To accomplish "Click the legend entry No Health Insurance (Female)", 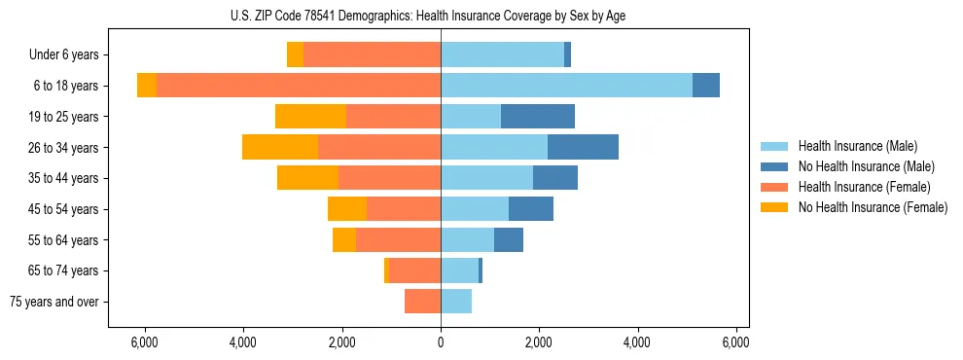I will [x=873, y=207].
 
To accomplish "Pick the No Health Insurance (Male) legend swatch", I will [x=775, y=166].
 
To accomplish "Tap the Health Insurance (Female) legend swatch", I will [x=775, y=187].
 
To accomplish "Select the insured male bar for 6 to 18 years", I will [x=566, y=86].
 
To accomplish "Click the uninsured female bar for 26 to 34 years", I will [x=280, y=147].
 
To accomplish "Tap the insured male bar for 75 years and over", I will [x=456, y=302].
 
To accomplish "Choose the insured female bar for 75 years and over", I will [x=423, y=302].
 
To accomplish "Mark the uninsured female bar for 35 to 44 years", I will [x=307, y=178].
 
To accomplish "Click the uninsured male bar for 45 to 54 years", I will [x=531, y=209].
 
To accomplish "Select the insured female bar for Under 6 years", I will [x=372, y=55].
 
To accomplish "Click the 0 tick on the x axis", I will [x=441, y=342].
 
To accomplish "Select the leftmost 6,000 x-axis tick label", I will [x=144, y=342].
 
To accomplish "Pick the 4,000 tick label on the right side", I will [x=638, y=342].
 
